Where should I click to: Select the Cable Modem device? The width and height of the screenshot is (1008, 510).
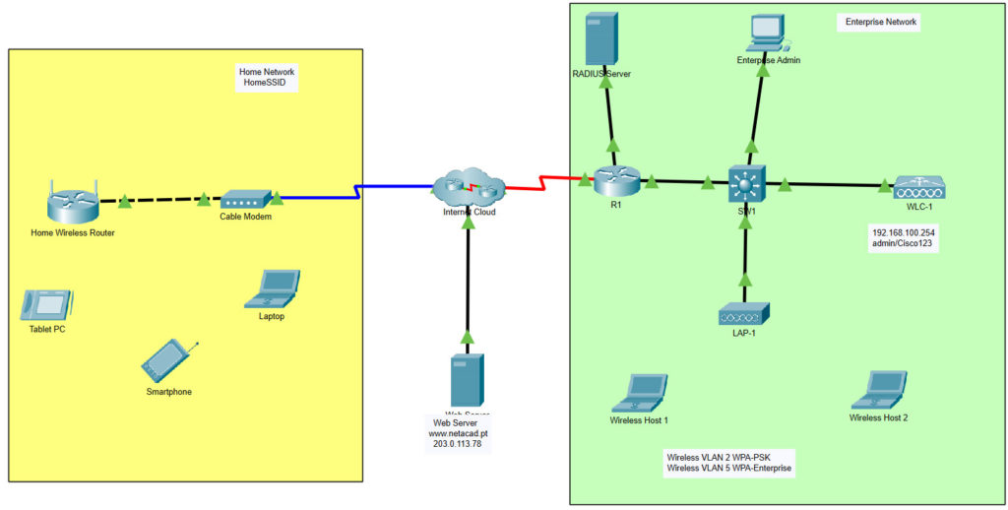pos(245,199)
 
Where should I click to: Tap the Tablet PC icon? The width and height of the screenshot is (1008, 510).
pos(47,304)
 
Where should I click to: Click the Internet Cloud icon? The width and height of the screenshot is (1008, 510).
pos(468,186)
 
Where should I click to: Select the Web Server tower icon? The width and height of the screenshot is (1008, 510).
pos(468,380)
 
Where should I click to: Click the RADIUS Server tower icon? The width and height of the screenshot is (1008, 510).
pos(600,39)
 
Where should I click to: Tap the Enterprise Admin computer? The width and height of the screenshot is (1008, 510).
pos(768,33)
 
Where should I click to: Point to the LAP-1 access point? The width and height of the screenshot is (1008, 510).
pos(744,314)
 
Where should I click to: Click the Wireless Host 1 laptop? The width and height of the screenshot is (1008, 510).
pos(639,393)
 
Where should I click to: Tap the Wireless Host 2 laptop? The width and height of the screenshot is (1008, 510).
pos(879,390)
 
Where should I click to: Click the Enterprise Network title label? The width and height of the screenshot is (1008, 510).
pos(880,22)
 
